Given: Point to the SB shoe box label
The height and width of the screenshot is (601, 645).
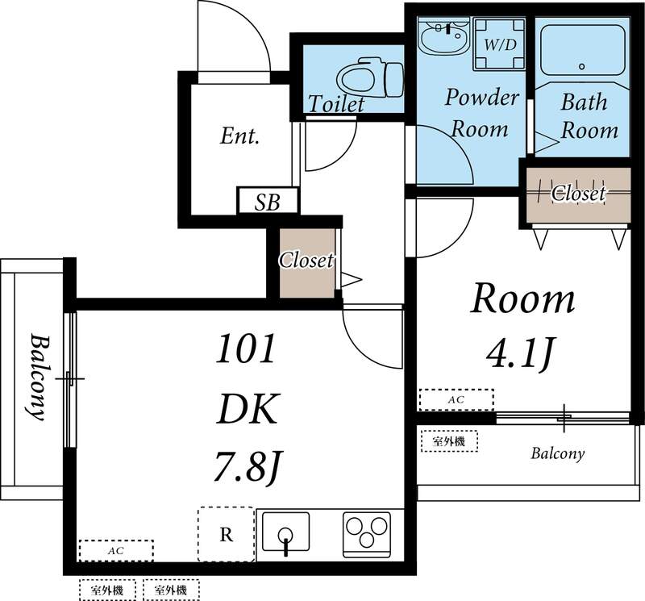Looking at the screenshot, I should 268,202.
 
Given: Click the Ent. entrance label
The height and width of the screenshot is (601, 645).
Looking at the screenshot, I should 239,136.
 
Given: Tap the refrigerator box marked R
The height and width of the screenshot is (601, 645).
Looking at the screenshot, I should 227,532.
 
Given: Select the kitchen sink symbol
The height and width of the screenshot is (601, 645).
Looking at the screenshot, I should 285,533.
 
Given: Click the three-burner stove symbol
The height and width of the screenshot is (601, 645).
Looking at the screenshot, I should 367,532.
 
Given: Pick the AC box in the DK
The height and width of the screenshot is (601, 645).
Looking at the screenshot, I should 115,551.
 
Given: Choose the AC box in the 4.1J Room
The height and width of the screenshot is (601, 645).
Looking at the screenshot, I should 455,399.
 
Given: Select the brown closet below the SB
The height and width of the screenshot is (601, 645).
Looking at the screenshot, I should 306,261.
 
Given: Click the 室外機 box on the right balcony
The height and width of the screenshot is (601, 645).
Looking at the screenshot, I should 449,441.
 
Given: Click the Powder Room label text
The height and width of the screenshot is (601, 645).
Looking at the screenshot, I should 482,113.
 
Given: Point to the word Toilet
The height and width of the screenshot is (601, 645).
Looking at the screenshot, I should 337,104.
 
